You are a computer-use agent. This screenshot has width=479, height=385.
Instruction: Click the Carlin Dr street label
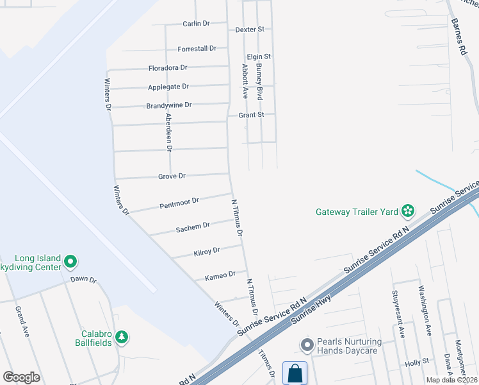(x=196, y=24)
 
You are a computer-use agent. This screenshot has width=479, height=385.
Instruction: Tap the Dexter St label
(x=250, y=30)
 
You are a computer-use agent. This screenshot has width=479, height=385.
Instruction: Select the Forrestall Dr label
(x=197, y=49)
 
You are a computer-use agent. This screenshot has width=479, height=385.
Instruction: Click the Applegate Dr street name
(x=168, y=87)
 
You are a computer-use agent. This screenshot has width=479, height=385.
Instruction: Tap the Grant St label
(x=252, y=116)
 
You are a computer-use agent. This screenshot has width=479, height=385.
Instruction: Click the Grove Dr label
(x=172, y=176)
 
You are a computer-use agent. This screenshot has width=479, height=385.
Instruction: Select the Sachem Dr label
(x=193, y=227)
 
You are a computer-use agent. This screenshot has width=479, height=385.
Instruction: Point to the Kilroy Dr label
(x=206, y=252)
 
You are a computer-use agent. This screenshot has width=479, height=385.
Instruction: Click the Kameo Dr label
(x=216, y=277)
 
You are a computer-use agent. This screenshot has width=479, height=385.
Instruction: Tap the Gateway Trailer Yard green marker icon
(x=407, y=210)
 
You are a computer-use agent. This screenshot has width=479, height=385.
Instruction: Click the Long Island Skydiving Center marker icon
(x=71, y=262)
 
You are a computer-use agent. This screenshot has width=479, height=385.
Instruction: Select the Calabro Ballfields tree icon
(x=122, y=336)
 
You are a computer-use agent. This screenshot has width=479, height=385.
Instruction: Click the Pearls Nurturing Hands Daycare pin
(x=307, y=345)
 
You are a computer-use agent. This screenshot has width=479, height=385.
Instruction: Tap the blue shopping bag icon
(x=295, y=373)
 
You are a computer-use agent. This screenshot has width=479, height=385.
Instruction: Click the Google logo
(x=21, y=377)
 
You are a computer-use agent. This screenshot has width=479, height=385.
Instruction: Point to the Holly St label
(x=417, y=363)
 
